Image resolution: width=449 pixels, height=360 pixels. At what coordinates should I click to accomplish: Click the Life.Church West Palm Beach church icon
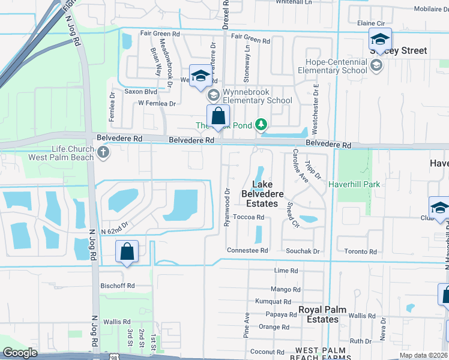coord(103,152)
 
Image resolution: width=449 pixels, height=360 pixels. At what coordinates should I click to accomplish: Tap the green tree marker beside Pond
coord(261,125)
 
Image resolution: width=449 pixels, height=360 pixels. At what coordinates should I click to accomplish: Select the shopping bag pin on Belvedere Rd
coord(218,116)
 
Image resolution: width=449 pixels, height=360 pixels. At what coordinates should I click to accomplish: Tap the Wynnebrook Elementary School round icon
coord(212,95)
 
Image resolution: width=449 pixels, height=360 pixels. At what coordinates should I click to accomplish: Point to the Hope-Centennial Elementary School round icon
coord(376,65)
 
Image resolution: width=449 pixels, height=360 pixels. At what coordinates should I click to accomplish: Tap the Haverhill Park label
coord(354,184)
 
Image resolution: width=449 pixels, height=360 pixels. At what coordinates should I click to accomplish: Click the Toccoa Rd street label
coord(249,217)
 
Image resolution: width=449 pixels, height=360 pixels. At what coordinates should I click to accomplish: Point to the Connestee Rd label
coord(247,250)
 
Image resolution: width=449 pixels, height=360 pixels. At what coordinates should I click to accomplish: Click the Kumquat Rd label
coord(273,302)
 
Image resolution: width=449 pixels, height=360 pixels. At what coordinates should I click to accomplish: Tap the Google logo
coord(20,353)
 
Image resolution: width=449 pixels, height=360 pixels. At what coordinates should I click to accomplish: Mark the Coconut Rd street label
coord(267,352)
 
